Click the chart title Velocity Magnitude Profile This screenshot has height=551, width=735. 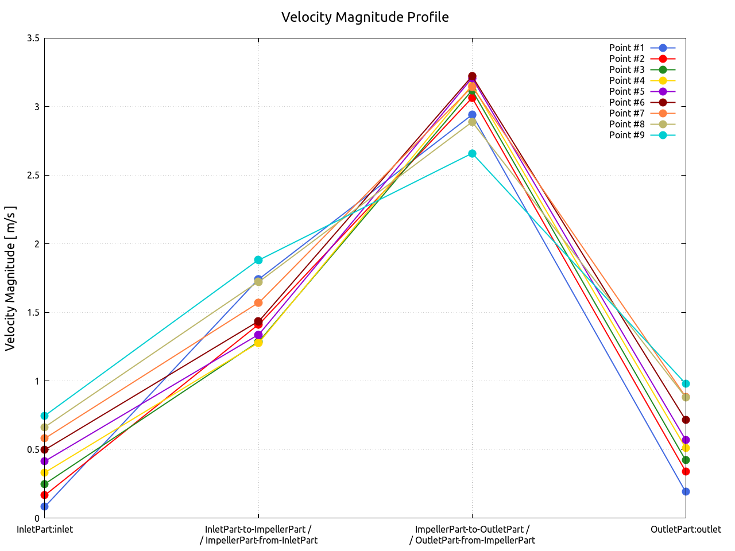click(x=365, y=17)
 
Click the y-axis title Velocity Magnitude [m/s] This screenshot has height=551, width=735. click(x=10, y=278)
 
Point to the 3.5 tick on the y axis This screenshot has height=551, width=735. click(x=33, y=38)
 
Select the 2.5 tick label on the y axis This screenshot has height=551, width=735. click(x=33, y=176)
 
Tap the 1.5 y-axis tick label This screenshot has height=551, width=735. click(x=33, y=313)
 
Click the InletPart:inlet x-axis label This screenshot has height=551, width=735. click(x=45, y=529)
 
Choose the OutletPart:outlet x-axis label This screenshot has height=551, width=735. click(x=686, y=529)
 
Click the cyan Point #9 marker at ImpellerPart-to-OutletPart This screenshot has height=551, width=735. click(x=472, y=153)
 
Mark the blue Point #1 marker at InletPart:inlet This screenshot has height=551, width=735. click(x=44, y=506)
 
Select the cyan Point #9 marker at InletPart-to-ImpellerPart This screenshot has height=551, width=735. click(x=258, y=260)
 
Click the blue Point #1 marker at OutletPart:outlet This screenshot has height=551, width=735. click(x=686, y=491)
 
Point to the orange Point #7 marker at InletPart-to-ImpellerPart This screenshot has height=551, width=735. click(x=258, y=302)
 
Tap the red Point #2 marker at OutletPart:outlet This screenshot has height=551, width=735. click(x=686, y=471)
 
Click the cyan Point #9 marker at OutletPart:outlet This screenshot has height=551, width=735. click(x=686, y=383)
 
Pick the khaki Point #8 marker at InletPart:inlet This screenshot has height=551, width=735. click(x=44, y=427)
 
